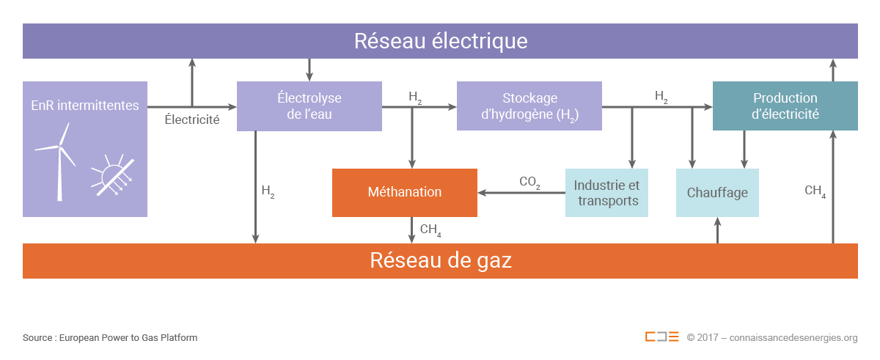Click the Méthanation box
(x=404, y=192)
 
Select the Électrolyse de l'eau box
(x=309, y=106)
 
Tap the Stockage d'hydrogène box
(x=529, y=106)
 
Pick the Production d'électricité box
(x=785, y=106)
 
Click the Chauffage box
(x=717, y=193)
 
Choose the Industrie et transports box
(x=606, y=193)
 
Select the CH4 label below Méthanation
(x=430, y=231)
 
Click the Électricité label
(x=192, y=119)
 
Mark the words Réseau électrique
(x=440, y=40)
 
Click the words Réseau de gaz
(x=440, y=260)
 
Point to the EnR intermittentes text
(x=85, y=106)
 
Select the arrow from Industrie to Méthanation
(x=521, y=194)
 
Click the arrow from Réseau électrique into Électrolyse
(x=309, y=70)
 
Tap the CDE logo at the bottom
(x=661, y=337)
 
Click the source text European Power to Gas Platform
(x=110, y=338)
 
